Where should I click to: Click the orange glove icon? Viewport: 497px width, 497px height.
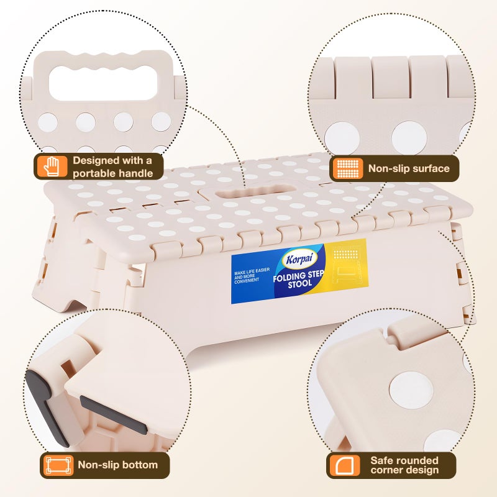tap(52, 166)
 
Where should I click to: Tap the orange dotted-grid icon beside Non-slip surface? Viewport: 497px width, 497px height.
tap(348, 168)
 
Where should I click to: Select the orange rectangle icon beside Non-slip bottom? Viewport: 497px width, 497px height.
tap(58, 465)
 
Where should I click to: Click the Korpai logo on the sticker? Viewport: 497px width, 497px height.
tap(299, 259)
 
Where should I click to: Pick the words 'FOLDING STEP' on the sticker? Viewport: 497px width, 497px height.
tap(298, 276)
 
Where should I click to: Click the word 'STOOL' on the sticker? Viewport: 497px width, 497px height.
tap(300, 285)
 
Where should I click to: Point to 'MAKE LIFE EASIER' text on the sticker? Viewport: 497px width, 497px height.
tap(252, 271)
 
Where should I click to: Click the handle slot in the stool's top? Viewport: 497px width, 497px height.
tap(255, 192)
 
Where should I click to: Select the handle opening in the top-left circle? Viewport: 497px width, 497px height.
tap(103, 83)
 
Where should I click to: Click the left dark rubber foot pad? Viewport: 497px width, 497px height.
tap(47, 408)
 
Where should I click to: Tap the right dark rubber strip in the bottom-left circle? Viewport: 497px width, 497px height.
tap(113, 414)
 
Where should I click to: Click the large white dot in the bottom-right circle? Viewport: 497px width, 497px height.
tap(411, 390)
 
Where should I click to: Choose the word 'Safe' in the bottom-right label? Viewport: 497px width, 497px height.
tap(380, 460)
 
